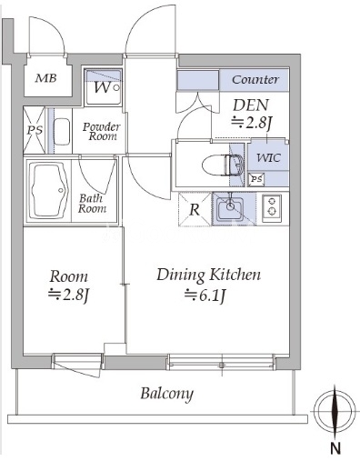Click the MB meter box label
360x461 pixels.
(x=45, y=78)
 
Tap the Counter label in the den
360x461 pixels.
(x=255, y=80)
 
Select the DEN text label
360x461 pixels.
(x=251, y=105)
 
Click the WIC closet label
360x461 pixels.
(x=268, y=157)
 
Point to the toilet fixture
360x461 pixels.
(x=224, y=165)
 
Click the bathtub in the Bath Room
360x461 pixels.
(x=48, y=191)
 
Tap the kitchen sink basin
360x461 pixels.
(x=230, y=208)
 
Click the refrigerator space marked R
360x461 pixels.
(x=195, y=209)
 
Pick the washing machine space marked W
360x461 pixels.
(x=103, y=87)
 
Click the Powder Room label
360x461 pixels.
(x=102, y=131)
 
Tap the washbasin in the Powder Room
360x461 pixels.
(x=62, y=132)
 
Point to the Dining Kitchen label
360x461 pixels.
(x=208, y=275)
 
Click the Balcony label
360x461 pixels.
(x=166, y=394)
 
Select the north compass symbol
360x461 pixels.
(x=335, y=411)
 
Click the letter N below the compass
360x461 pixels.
(x=335, y=448)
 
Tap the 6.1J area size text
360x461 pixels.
(x=205, y=295)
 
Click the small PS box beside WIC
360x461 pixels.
(x=256, y=179)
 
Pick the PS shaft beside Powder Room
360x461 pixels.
(x=35, y=130)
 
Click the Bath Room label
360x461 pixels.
(x=92, y=204)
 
